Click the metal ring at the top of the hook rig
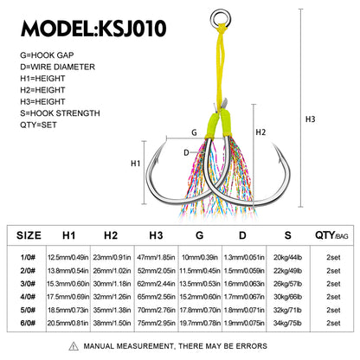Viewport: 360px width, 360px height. (221, 11)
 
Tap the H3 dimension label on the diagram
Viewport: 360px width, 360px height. (311, 119)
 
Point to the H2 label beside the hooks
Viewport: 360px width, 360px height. (260, 132)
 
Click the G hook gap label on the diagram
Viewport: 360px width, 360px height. (194, 132)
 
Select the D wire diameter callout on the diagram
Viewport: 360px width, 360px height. (186, 152)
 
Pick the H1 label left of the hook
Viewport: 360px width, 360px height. (135, 164)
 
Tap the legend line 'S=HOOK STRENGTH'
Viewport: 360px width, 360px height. (60, 113)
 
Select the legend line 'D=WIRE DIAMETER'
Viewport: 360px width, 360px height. (57, 67)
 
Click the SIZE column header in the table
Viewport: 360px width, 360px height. (29, 235)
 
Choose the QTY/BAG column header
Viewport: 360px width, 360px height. (331, 235)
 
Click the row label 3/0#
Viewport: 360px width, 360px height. (28, 284)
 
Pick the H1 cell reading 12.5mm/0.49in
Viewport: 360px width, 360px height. (68, 257)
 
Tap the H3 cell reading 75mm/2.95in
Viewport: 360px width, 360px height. (156, 323)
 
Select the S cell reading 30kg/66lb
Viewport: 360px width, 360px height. (287, 297)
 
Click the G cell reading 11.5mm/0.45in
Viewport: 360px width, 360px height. (200, 271)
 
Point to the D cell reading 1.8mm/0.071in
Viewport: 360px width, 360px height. (244, 310)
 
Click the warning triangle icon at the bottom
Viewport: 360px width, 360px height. (74, 346)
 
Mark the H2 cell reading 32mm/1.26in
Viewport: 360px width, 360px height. (112, 297)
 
